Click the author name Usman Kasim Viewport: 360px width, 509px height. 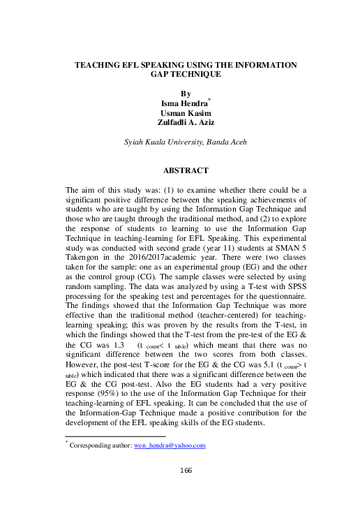(x=180, y=115)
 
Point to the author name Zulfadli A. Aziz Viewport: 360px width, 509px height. (x=180, y=124)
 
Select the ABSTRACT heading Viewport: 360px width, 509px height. (x=180, y=170)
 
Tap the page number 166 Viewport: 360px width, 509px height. (x=180, y=471)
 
